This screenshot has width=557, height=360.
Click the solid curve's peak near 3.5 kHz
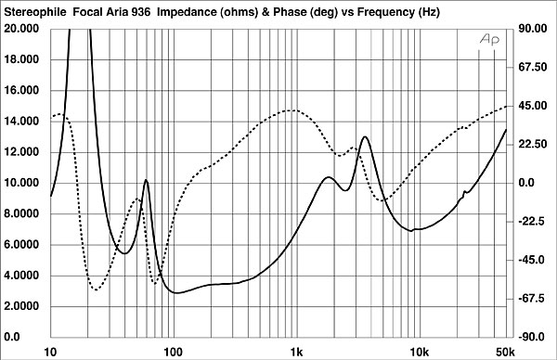[365, 136]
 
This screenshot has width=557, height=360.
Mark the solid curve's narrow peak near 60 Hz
[146, 180]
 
